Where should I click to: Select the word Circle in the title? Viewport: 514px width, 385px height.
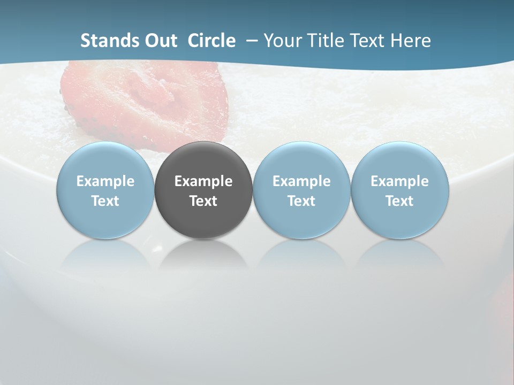(211, 41)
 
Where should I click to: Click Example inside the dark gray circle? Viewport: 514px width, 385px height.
(203, 181)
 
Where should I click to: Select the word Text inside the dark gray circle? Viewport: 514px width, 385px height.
(203, 201)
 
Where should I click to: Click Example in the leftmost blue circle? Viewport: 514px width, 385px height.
(105, 181)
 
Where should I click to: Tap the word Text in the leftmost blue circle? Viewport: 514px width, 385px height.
(105, 201)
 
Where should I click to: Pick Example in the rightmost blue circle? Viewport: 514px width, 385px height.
(399, 181)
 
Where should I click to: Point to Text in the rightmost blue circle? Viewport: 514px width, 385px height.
(399, 201)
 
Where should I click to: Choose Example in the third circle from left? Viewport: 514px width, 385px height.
(301, 181)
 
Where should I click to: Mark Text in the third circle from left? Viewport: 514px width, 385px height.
(301, 201)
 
